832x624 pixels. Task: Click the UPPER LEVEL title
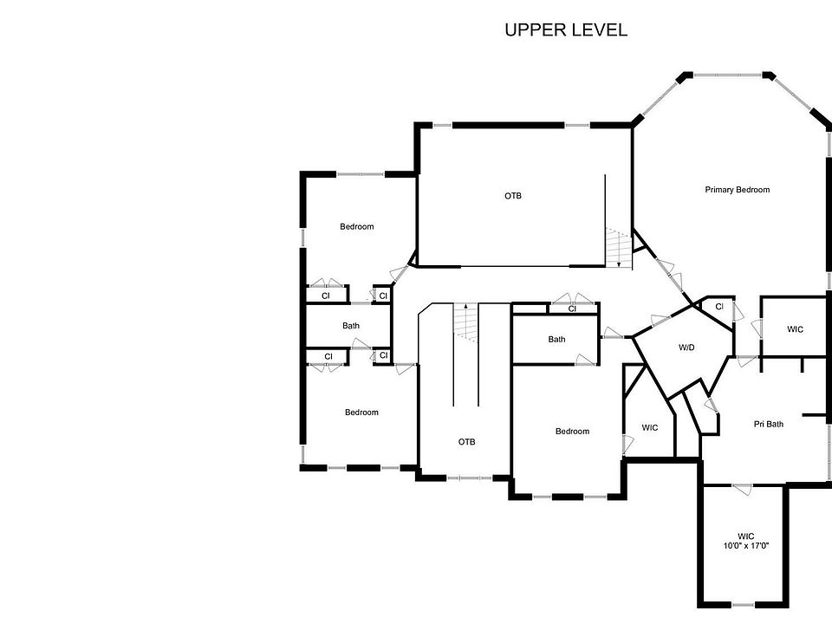tap(566, 30)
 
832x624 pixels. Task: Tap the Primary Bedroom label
tap(737, 190)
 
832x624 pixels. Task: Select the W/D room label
tap(686, 348)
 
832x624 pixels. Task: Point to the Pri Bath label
tap(768, 424)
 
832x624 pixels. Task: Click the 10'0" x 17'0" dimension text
tap(746, 547)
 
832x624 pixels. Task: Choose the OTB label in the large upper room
tap(513, 196)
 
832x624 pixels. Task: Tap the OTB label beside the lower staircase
tap(466, 442)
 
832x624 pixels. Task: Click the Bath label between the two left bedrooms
tap(350, 326)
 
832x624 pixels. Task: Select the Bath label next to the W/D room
tap(556, 339)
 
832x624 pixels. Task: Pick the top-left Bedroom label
tap(356, 227)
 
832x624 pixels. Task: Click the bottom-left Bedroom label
tap(361, 413)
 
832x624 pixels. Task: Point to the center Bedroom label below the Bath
tap(572, 432)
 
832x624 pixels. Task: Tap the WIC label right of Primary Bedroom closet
tap(795, 329)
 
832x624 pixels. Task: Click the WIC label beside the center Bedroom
tap(650, 428)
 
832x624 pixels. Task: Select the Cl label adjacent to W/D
tap(719, 307)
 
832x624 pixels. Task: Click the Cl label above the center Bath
tap(572, 309)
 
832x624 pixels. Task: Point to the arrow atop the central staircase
tap(465, 307)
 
